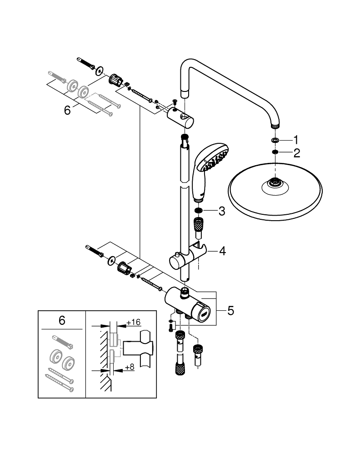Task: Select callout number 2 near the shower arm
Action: (x=296, y=152)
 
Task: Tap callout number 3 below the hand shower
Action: (x=222, y=211)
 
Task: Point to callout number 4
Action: (x=222, y=251)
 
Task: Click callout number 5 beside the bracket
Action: (x=230, y=311)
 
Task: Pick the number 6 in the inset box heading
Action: (x=62, y=320)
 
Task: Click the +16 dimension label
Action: (x=133, y=322)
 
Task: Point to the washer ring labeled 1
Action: (x=275, y=140)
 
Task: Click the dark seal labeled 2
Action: (x=275, y=152)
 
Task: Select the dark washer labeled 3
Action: (x=199, y=211)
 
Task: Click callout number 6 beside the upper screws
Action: (x=68, y=111)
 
